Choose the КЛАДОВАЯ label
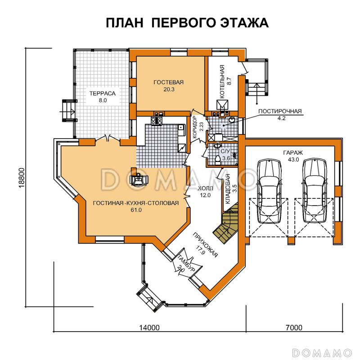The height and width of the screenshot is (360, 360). (229, 189)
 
